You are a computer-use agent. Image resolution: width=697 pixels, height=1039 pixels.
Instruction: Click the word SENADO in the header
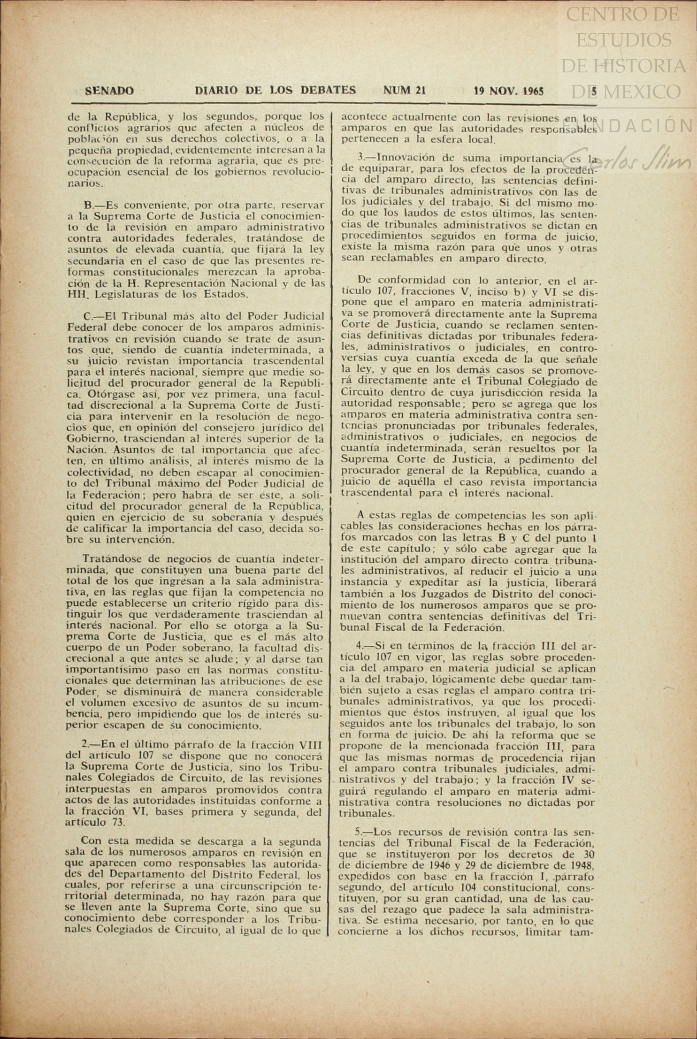109,91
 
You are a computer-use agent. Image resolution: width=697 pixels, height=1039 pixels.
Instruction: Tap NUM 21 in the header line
404,90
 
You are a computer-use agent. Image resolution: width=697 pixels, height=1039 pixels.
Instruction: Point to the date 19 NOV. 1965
509,91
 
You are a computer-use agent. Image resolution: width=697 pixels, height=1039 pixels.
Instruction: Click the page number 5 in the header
594,91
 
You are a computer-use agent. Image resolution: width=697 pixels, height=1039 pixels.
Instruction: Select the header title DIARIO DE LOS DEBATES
276,90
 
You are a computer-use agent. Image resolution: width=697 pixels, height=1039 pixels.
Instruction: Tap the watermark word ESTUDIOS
624,40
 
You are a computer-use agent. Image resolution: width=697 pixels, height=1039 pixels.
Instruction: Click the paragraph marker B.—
93,205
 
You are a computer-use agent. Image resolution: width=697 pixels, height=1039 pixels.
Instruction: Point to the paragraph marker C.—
93,316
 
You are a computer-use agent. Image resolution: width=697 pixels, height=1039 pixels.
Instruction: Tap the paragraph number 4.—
363,645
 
